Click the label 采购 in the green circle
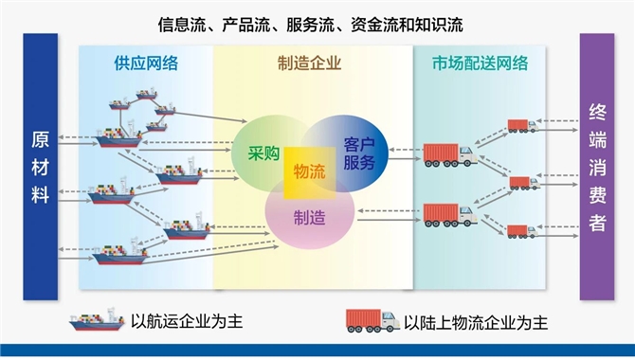click(263, 153)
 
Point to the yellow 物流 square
click(309, 171)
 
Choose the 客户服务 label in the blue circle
click(359, 153)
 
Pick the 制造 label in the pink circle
click(309, 217)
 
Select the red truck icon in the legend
click(372, 320)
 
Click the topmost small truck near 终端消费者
click(522, 125)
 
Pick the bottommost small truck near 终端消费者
click(522, 231)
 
